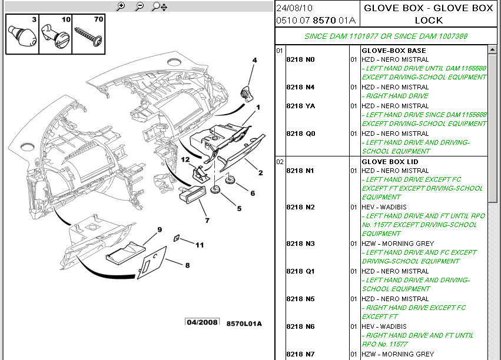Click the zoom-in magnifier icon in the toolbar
pyautogui.click(x=121, y=6)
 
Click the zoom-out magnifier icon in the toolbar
pyautogui.click(x=140, y=6)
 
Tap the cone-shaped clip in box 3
pyautogui.click(x=22, y=36)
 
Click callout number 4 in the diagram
pyautogui.click(x=255, y=60)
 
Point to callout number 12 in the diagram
pyautogui.click(x=185, y=159)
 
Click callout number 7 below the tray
pyautogui.click(x=207, y=220)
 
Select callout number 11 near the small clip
pyautogui.click(x=200, y=245)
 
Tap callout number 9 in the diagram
pyautogui.click(x=160, y=229)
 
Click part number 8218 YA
pyautogui.click(x=301, y=106)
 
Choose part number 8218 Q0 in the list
pyautogui.click(x=301, y=134)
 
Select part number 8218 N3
pyautogui.click(x=300, y=244)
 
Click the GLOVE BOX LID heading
pyautogui.click(x=390, y=162)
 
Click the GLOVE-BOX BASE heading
pyautogui.click(x=394, y=51)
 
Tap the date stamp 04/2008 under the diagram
pyautogui.click(x=202, y=322)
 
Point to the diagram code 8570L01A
pyautogui.click(x=244, y=324)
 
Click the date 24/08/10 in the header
pyautogui.click(x=294, y=8)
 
